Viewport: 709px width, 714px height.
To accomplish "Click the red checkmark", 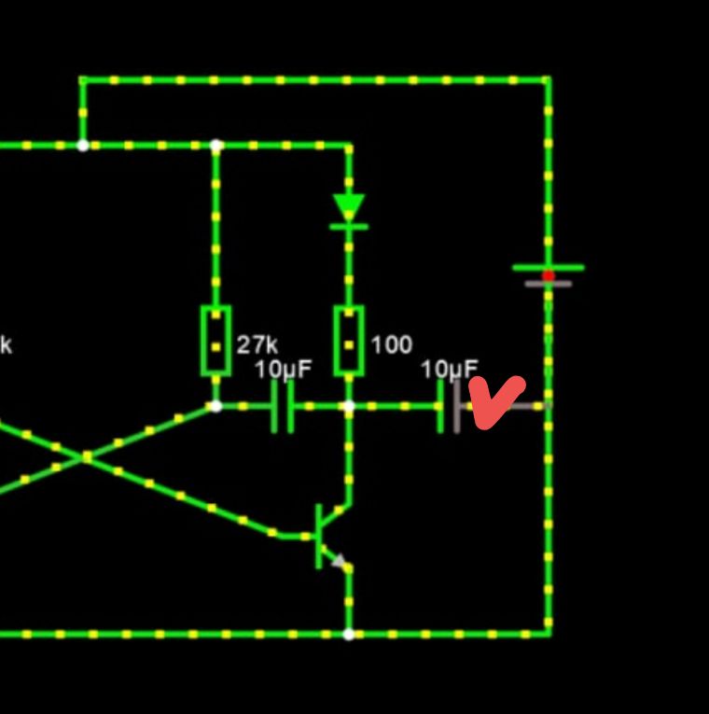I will pos(496,402).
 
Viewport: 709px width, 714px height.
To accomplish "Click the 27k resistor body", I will pos(215,341).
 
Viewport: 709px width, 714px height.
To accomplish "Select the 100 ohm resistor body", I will pos(349,341).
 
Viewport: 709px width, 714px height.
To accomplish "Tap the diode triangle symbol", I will pos(349,208).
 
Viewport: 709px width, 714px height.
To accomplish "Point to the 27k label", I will pos(257,344).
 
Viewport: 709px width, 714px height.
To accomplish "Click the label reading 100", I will pos(391,344).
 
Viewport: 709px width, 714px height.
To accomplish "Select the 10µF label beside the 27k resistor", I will pos(283,370).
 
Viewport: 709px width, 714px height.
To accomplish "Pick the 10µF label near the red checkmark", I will pos(449,370).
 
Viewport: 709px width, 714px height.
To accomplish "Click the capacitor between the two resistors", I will pos(283,406).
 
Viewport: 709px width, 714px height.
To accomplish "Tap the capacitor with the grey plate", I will pos(449,406).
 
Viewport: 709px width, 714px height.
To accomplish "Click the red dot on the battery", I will pos(548,275).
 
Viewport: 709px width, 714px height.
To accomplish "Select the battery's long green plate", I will pos(548,267).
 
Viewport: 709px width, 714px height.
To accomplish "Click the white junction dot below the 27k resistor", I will pos(215,406).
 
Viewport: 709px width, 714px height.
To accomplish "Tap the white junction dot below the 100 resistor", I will pos(349,406).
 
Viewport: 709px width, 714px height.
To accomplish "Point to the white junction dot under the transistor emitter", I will pos(349,634).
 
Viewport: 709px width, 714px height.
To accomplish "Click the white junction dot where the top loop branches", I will pos(83,146).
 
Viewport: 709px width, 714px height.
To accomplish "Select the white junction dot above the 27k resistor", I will pos(215,146).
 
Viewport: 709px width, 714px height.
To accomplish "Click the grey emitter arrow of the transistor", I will pos(341,562).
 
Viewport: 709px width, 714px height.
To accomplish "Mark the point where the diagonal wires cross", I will pos(86,457).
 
